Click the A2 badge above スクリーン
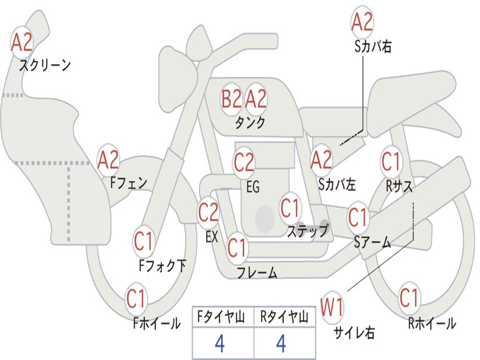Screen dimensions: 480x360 pos(22,43)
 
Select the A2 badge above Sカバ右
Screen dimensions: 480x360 pos(362,22)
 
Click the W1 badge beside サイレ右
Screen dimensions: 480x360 pos(332,307)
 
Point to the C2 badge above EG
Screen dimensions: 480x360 pos(244,162)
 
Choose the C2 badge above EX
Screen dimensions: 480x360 pos(208,212)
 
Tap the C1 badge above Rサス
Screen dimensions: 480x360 pos(391,161)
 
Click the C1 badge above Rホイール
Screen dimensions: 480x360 pos(409,298)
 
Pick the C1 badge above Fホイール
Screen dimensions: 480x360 pos(136,299)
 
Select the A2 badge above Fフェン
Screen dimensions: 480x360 pos(108,160)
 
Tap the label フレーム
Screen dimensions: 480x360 pos(257,272)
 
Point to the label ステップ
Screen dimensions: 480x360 pos(307,231)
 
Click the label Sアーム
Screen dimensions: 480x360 pos(373,242)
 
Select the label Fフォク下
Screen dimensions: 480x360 pos(162,266)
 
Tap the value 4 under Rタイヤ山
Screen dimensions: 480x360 pos(281,344)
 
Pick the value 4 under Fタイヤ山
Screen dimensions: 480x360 pos(220,344)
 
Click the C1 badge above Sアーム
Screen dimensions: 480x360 pos(358,217)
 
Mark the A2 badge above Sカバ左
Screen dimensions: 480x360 pos(321,160)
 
